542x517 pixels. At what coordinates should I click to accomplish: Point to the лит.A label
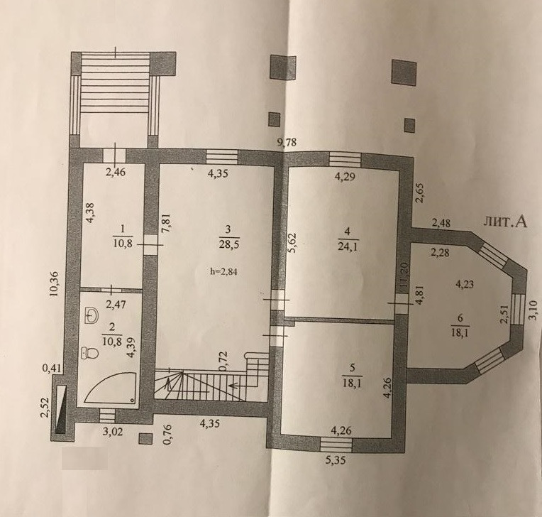[x=505, y=222]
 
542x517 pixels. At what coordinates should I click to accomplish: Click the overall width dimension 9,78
[x=286, y=143]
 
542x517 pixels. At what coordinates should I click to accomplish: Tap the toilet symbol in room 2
[x=89, y=352]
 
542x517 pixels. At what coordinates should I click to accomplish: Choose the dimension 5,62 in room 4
[x=292, y=244]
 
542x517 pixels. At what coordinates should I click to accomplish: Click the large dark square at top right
[x=404, y=72]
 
